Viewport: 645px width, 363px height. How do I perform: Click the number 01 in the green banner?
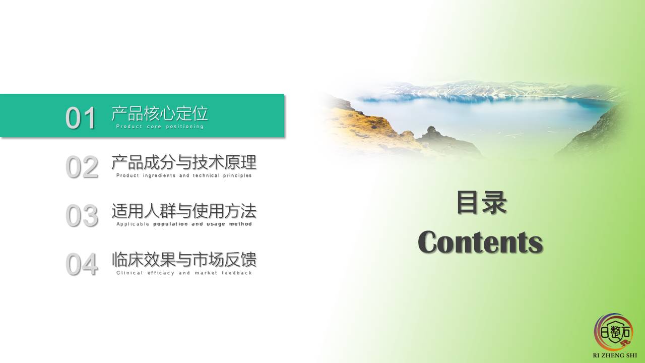pos(81,117)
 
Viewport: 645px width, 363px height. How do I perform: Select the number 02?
pos(82,167)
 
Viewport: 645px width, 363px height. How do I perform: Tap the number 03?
pos(82,215)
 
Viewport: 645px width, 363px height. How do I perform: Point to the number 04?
pos(82,264)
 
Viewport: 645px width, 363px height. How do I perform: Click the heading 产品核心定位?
pos(160,113)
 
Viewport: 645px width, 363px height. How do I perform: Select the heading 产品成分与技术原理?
pos(184,162)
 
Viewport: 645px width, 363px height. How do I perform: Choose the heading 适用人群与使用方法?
pos(184,211)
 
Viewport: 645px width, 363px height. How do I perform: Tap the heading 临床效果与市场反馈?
pos(184,260)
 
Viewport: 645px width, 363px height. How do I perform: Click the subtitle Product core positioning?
pos(160,127)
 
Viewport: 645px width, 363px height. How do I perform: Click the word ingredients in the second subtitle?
pos(159,175)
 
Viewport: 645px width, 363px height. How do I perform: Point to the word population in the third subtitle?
pos(170,224)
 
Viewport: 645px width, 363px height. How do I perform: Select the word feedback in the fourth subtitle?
pos(237,273)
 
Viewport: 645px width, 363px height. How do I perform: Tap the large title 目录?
pos(482,203)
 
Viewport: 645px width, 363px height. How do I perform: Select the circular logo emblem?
pos(613,332)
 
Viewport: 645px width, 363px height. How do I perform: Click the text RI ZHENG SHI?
pos(615,355)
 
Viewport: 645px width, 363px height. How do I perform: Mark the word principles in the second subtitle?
pos(237,175)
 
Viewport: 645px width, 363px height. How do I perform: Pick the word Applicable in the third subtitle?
pos(133,224)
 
